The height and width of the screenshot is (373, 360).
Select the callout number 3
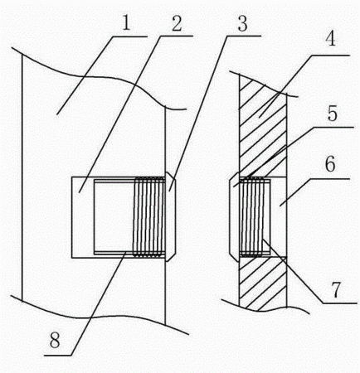tap(242, 23)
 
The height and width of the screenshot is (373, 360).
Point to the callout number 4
tap(330, 38)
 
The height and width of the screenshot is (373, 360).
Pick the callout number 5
tap(333, 114)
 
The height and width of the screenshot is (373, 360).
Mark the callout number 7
tap(335, 290)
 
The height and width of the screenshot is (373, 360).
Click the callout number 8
tap(55, 340)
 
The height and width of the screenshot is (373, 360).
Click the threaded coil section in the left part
tap(149, 217)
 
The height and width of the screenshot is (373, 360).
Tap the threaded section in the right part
tap(251, 217)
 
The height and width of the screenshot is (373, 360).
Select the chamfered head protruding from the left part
tap(170, 217)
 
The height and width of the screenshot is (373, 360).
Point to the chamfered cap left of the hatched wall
tap(234, 217)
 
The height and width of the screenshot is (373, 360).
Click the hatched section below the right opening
tap(263, 283)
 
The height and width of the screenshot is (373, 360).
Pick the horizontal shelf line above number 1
tap(130, 36)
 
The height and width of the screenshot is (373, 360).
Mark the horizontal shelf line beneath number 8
tap(58, 355)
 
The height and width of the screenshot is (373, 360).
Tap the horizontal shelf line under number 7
tap(340, 303)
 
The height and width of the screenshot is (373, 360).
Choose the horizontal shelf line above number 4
tap(331, 56)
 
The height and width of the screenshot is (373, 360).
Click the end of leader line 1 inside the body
tap(57, 114)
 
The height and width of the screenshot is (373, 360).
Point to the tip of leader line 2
tap(80, 192)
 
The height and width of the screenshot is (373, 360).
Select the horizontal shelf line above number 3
tap(244, 36)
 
